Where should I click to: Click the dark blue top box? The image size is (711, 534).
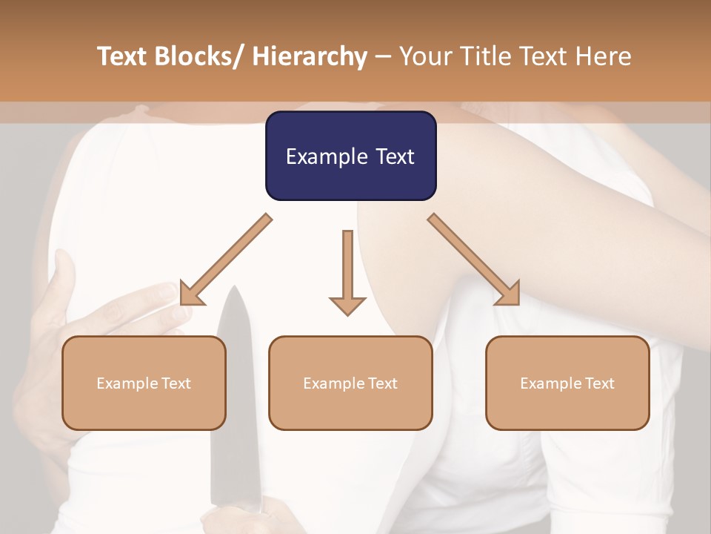click(x=350, y=156)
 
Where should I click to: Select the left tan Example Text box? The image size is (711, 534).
click(x=144, y=383)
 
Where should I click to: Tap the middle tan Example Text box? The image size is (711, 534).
click(x=350, y=383)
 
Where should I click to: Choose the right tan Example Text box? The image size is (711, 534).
click(x=567, y=383)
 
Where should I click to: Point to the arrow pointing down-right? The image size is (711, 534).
click(x=474, y=260)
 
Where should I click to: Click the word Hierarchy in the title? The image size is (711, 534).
click(x=310, y=57)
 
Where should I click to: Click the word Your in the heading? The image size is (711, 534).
click(x=424, y=57)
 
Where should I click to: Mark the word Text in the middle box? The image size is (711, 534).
click(x=381, y=383)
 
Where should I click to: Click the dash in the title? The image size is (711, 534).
click(x=383, y=57)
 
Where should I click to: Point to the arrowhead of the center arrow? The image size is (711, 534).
click(x=347, y=305)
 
